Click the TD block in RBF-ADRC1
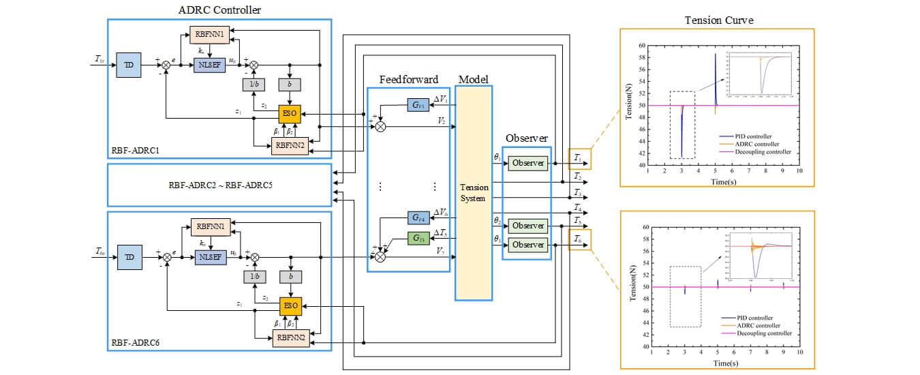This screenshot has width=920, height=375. (x=128, y=65)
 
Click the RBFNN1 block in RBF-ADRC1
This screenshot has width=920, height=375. (x=209, y=33)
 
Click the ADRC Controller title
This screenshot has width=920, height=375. (x=219, y=10)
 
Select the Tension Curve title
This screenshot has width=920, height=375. (x=719, y=20)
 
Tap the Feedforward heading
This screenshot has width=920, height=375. (x=408, y=80)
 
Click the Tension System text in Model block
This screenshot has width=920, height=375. (x=474, y=193)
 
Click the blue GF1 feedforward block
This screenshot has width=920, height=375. (x=417, y=104)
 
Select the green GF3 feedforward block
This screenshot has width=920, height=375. (x=417, y=238)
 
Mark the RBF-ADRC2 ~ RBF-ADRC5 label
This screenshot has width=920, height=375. (x=219, y=185)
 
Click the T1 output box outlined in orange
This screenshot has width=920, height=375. (x=579, y=159)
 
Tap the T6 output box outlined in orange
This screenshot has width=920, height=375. (x=579, y=239)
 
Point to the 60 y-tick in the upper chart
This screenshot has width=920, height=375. (x=641, y=46)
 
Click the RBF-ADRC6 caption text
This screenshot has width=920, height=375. (x=134, y=343)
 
